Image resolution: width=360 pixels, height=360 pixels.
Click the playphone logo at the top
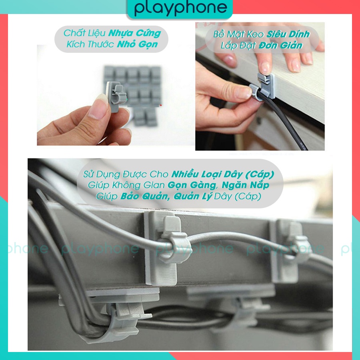pos(180,8)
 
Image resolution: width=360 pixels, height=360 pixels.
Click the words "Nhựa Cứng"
pos(134,33)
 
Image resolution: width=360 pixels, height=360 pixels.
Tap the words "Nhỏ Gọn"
pos(137,44)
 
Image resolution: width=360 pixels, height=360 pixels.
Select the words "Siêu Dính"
pos(288,34)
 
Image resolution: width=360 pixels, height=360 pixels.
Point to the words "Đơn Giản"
pos(280,46)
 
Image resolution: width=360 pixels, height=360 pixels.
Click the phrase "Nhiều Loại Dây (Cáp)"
pos(223,174)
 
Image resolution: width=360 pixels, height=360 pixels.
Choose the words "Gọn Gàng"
pos(192,185)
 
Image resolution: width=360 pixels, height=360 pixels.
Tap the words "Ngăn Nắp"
pos(245,185)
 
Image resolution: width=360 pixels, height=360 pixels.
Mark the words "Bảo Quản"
pos(145,196)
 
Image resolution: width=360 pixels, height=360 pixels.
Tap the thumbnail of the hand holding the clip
pos(116,95)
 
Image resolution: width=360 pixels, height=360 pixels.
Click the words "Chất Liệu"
pos(84,33)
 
